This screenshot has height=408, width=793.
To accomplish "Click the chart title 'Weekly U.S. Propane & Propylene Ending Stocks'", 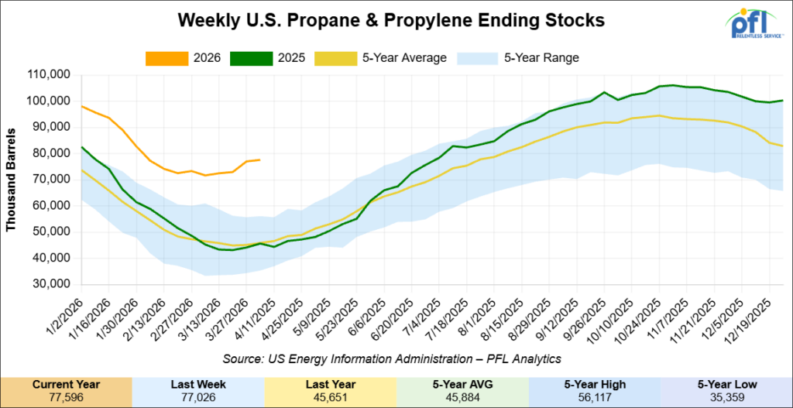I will tap(391, 19).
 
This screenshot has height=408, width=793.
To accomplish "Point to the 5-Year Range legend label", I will tap(541, 57).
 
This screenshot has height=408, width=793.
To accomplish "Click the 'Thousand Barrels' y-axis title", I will tap(12, 180).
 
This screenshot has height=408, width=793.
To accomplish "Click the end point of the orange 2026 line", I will tap(259, 159).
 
